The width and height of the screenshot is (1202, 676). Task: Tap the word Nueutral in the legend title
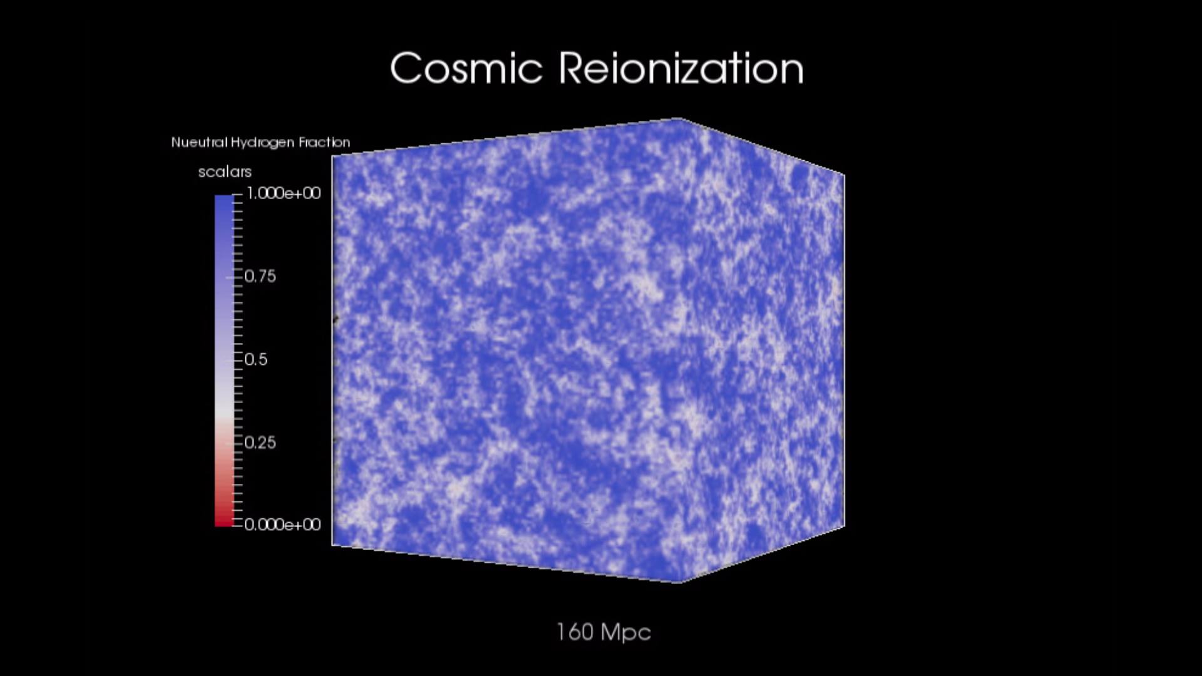tap(199, 142)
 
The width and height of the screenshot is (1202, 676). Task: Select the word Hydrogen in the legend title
tap(262, 143)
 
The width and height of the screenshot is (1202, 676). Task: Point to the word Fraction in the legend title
tap(324, 142)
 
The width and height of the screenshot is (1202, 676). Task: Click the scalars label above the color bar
tap(225, 172)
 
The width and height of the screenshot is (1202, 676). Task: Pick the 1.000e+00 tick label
tap(284, 193)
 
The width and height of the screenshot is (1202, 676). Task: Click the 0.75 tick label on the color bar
tap(260, 276)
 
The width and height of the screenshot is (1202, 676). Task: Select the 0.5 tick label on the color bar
tap(255, 359)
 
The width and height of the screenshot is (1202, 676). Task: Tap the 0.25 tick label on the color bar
tap(260, 443)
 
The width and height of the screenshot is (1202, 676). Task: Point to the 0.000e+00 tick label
tap(282, 525)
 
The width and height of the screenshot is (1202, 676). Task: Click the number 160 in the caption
tap(575, 632)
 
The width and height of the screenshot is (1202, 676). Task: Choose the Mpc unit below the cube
tap(626, 633)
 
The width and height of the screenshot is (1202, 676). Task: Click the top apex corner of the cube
tap(680, 118)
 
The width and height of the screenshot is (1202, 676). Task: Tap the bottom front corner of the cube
tap(680, 583)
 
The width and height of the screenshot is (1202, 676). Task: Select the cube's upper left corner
tap(332, 156)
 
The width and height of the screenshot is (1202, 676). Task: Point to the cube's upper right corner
tap(844, 175)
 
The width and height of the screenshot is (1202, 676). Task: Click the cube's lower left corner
tap(332, 545)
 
